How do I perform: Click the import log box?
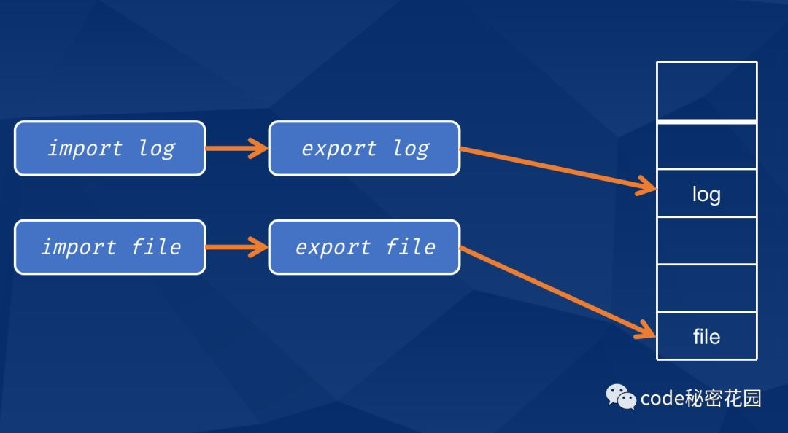pos(109,149)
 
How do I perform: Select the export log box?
pos(364,149)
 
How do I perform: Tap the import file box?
pos(109,247)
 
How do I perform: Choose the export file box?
pos(364,247)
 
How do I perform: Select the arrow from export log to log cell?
pos(558,170)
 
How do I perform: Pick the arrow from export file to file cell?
pos(558,292)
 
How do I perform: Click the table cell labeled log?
pos(706,193)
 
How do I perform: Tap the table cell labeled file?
pos(706,336)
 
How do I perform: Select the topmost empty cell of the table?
pos(706,90)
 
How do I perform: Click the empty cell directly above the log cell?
pos(706,146)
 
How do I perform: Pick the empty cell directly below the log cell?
pos(706,241)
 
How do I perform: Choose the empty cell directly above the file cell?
pos(706,288)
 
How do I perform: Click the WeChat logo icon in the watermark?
pos(621,397)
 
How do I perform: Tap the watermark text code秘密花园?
pos(700,398)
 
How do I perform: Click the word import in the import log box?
pos(85,149)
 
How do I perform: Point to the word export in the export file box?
pos(332,247)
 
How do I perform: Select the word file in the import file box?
pos(156,247)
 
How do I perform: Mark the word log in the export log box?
pos(411,149)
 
